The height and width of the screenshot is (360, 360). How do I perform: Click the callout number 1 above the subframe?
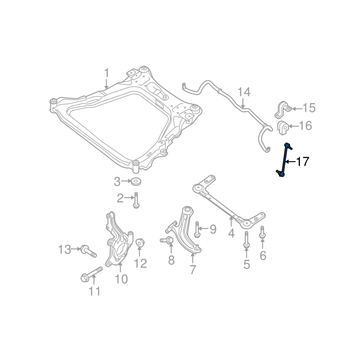(106, 73)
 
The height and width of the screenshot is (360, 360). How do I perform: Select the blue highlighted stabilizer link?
(284, 160)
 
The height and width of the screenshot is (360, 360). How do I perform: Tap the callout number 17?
(302, 162)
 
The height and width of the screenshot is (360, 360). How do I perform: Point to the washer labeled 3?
(135, 181)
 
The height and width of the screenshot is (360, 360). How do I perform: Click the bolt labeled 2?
(136, 200)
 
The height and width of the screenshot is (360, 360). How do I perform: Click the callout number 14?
(244, 92)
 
